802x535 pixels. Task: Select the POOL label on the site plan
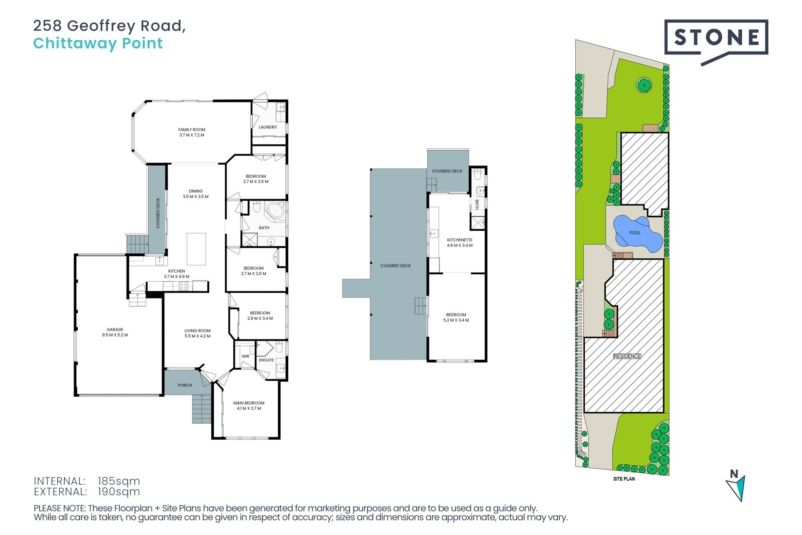tap(635, 233)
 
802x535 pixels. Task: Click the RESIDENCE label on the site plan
tap(627, 356)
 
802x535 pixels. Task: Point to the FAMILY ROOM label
tap(192, 130)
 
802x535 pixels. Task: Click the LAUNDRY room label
tap(268, 127)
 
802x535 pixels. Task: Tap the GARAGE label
tap(115, 329)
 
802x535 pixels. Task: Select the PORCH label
tap(185, 385)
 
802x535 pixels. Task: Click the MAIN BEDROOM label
tap(249, 403)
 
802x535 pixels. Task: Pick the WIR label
tap(246, 357)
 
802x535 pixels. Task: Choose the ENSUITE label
tap(266, 360)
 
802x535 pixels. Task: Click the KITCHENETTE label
tap(459, 240)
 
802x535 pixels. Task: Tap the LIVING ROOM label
tap(198, 331)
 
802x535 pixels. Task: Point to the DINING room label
tap(195, 191)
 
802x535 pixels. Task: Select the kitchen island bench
tap(196, 249)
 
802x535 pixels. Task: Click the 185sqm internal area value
tap(119, 481)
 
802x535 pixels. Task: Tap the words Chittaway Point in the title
tap(98, 43)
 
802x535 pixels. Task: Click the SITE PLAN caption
tap(624, 479)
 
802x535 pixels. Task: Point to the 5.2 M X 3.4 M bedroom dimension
tap(456, 320)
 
